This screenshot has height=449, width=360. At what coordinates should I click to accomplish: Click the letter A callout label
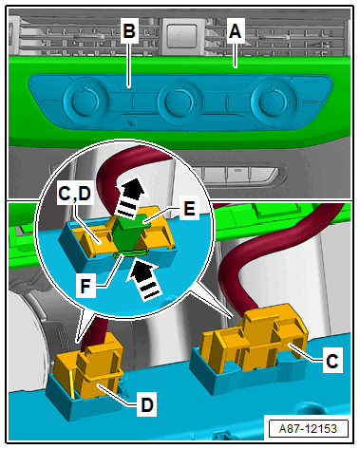(236, 31)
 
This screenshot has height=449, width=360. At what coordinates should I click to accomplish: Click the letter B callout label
(129, 31)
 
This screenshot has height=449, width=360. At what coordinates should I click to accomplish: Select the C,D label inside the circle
(75, 194)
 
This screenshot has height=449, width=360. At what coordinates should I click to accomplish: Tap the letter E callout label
(189, 209)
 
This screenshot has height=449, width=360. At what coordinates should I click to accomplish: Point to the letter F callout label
(85, 287)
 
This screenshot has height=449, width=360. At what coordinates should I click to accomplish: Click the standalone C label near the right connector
(332, 360)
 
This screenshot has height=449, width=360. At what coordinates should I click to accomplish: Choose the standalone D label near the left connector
(146, 404)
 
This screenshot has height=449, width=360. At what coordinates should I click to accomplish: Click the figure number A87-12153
(308, 429)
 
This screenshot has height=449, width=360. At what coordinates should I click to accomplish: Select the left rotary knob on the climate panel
(85, 101)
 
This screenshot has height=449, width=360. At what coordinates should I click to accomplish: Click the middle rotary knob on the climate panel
(179, 101)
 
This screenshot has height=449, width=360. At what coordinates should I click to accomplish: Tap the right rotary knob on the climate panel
(273, 101)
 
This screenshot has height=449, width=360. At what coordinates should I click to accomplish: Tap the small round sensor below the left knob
(134, 122)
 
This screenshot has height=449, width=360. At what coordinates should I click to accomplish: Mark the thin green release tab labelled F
(130, 253)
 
